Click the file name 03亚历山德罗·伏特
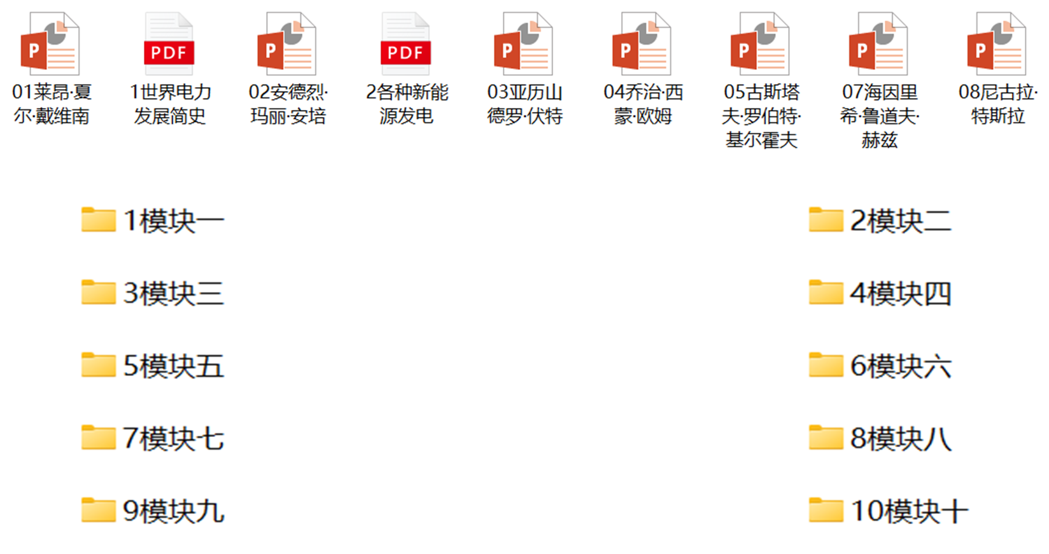524,104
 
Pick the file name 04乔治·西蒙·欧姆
643,104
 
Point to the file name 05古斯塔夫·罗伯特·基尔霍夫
761,116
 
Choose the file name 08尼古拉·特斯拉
997,104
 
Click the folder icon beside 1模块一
99,220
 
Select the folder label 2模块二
901,221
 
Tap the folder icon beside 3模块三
99,293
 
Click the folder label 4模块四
901,293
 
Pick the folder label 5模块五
173,366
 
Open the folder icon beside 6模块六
826,365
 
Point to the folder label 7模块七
173,438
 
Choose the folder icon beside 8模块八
826,438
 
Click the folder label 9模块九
173,511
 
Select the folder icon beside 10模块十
826,510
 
